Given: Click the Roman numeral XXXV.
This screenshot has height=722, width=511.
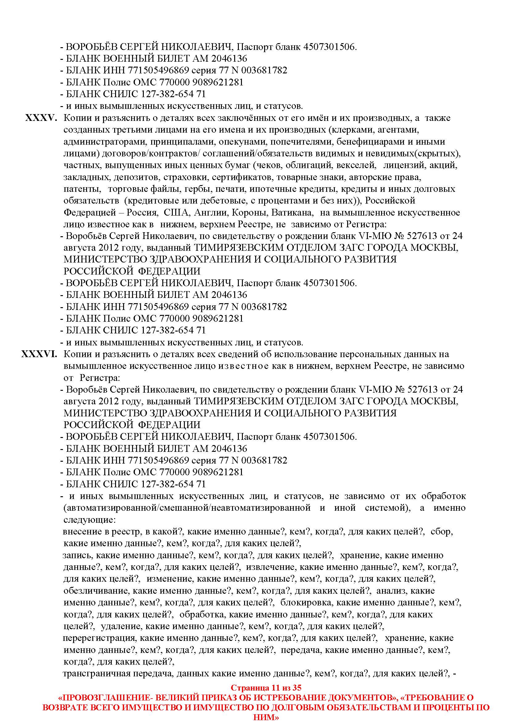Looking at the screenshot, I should [x=41, y=118].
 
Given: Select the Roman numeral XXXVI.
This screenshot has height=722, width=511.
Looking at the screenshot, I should [x=39, y=354].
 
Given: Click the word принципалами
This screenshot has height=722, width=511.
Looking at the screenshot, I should [x=182, y=142].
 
